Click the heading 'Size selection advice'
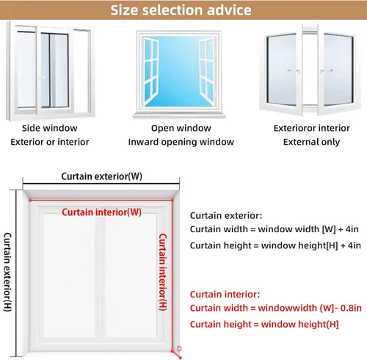tap(181, 10)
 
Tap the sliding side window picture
tap(50, 71)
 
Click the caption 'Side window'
tap(50, 128)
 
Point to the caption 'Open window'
tap(181, 128)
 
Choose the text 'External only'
tap(311, 142)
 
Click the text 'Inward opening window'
tap(181, 142)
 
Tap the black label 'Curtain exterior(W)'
tap(101, 176)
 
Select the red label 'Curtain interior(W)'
tap(101, 212)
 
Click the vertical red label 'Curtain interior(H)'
tap(163, 272)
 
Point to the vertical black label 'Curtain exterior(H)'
tap(7, 272)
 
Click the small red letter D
tap(179, 348)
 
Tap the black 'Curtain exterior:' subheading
tap(226, 215)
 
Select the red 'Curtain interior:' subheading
tap(225, 294)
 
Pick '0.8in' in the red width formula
tap(351, 308)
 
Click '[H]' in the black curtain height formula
tap(332, 245)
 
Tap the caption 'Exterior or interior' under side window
tap(50, 142)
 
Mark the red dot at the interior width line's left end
tap(30, 201)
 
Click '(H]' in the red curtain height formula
tap(333, 324)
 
